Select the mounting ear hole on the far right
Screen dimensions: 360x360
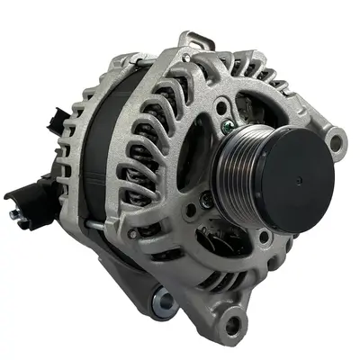(x=337, y=140)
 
